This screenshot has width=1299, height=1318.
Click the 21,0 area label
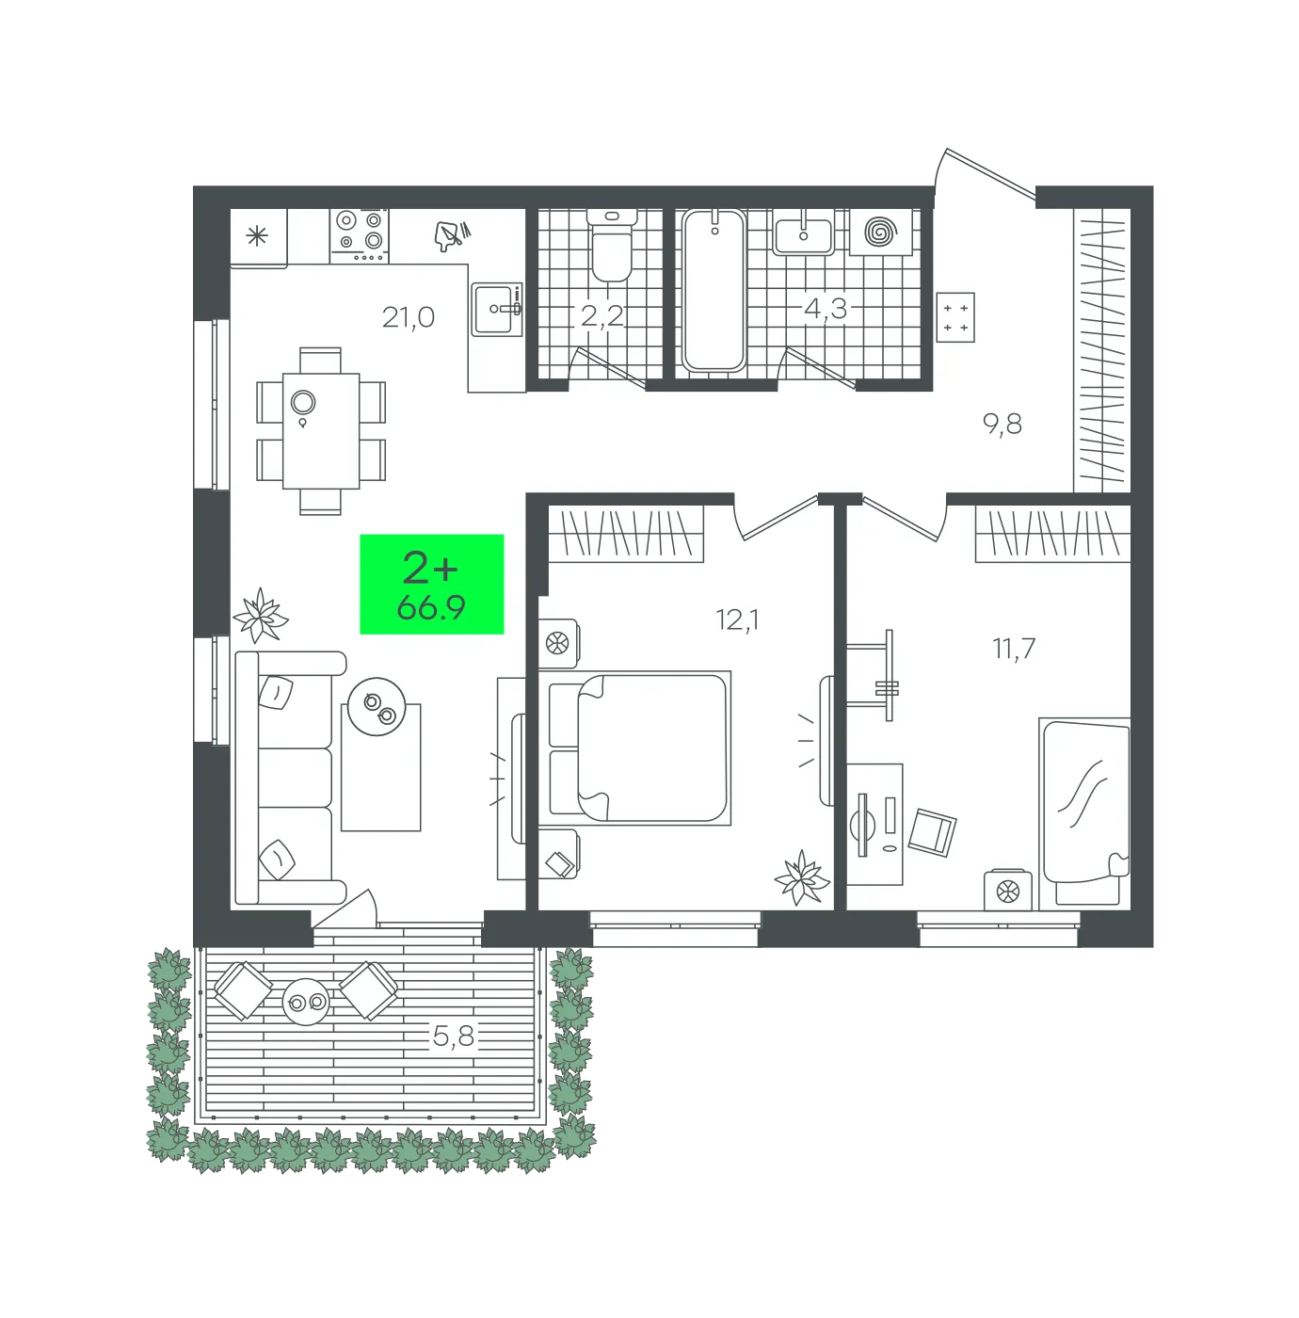[x=408, y=317]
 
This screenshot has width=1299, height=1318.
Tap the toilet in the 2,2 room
[x=612, y=247]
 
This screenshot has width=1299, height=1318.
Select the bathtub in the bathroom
[x=714, y=291]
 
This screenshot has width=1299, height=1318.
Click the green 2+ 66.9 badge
[x=432, y=584]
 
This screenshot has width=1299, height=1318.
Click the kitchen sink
[x=497, y=309]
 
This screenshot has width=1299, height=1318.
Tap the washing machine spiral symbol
[x=880, y=232]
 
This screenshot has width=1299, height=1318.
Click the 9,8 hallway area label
[x=1002, y=425]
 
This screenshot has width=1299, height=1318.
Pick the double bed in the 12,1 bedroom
[x=639, y=747]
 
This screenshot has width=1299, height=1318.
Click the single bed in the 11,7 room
[x=1084, y=813]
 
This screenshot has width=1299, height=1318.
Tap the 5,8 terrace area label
[x=454, y=1037]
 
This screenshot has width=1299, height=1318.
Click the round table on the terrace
[x=306, y=1003]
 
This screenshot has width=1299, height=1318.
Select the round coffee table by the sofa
[x=377, y=706]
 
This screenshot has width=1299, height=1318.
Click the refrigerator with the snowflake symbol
[x=258, y=237]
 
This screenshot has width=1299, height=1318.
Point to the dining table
[x=321, y=430]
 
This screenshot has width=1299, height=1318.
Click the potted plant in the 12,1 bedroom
[x=802, y=877]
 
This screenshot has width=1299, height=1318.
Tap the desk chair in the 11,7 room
[x=932, y=831]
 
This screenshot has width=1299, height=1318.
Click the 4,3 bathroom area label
[x=826, y=309]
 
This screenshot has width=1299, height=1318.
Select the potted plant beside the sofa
[x=260, y=616]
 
